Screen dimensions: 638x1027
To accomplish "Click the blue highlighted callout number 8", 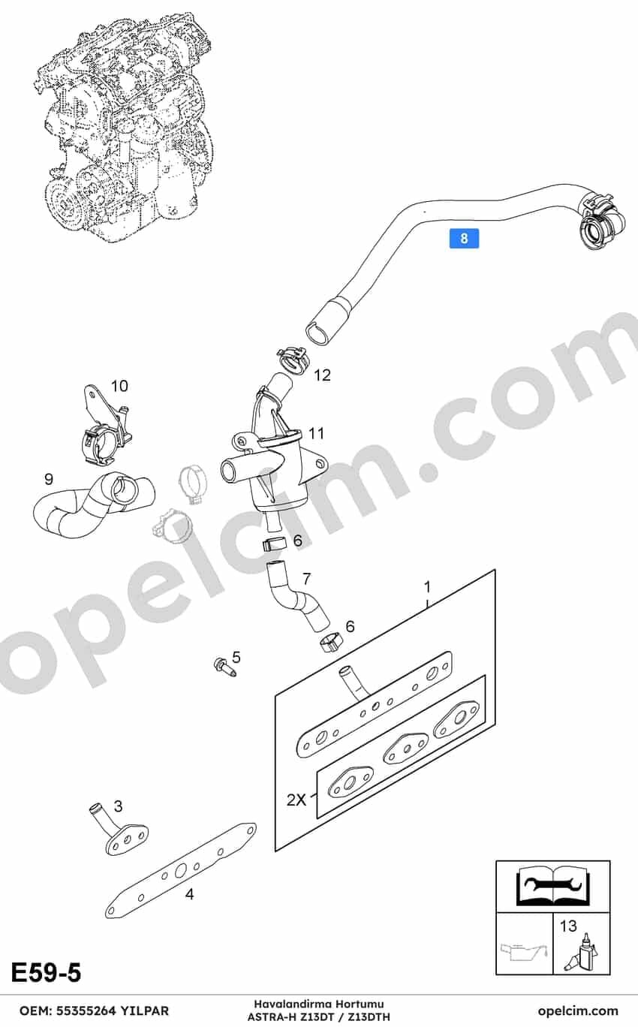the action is (464, 239).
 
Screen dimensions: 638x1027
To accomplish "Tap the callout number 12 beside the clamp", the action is (322, 375).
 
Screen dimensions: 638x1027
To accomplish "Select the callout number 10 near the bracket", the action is (119, 386).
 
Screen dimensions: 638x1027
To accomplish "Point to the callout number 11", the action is (316, 433).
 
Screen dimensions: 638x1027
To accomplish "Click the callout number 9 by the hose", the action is (49, 479).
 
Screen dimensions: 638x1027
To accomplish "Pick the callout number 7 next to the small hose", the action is (307, 579).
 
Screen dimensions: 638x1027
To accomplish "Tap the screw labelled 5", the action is (224, 667).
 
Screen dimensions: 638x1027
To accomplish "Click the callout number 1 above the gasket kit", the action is (427, 587).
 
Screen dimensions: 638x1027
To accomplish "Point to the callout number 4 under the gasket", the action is (189, 893).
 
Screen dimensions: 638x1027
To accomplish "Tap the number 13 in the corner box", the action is (568, 926).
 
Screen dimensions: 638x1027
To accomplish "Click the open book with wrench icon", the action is (552, 885).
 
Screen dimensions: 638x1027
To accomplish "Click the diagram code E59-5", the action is (47, 973).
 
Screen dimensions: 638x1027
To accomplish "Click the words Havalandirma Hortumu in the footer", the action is (319, 1004).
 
